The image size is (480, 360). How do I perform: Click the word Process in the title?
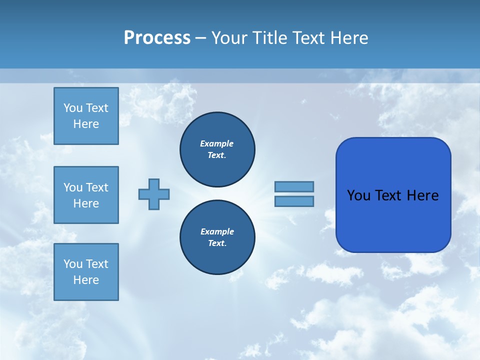pos(157,38)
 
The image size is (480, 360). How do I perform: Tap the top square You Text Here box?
pos(86,116)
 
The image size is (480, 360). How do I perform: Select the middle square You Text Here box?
pos(86,195)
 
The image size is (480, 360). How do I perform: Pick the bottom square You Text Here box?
pos(86,272)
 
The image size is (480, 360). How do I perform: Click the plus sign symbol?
pos(154,194)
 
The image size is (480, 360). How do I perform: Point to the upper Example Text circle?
pos(217,149)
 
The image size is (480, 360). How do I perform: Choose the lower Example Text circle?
pos(217,237)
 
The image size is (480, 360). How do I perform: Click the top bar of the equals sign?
pos(294,186)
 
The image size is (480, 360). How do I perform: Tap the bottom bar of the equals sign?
pos(294,201)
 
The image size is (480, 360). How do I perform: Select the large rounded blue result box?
pos(393,195)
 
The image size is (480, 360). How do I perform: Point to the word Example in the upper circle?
pos(216,143)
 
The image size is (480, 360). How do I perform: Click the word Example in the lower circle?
pos(217,231)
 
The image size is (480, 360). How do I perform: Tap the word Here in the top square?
pos(86,124)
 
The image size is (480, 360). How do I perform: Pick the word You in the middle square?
pos(73,187)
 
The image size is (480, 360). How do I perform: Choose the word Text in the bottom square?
pos(96,264)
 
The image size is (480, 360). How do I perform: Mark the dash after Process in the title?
pos(200,38)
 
